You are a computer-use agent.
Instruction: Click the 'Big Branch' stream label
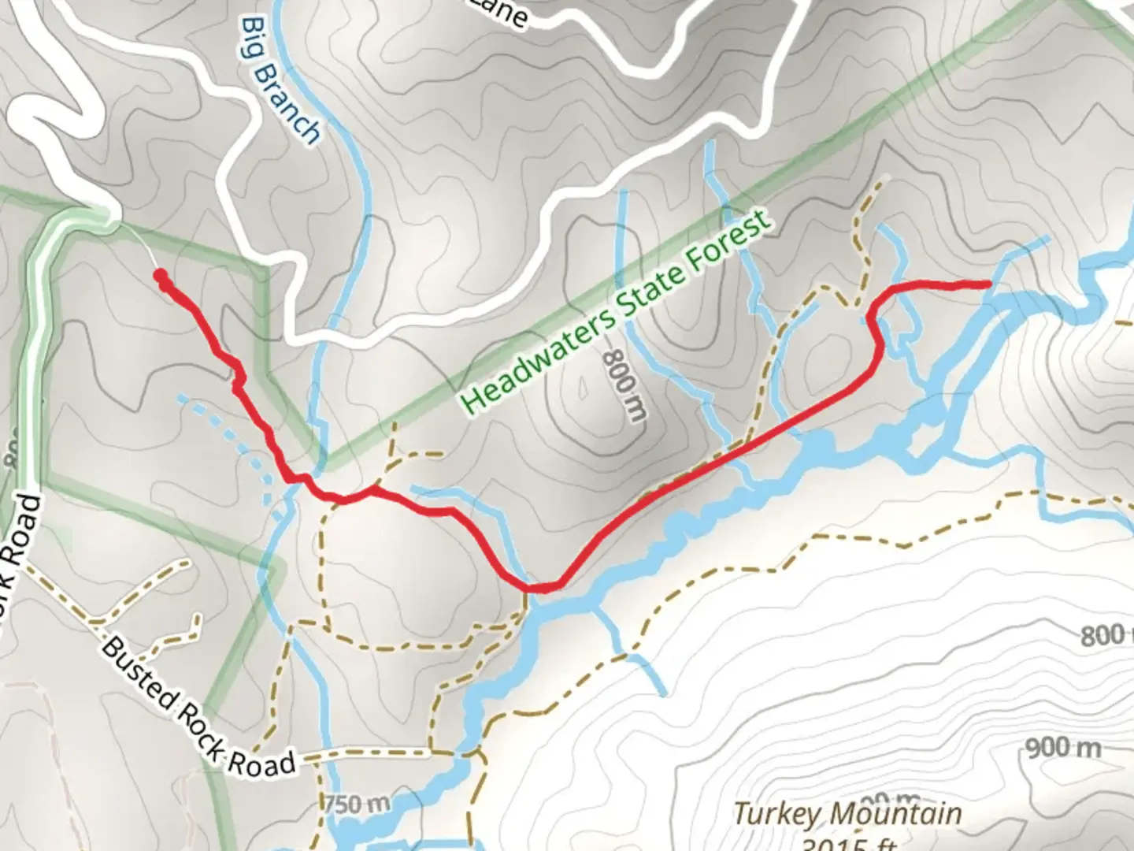[x=282, y=81]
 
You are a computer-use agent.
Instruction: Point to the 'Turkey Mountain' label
[x=847, y=813]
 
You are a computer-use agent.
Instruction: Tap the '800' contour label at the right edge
[x=1102, y=635]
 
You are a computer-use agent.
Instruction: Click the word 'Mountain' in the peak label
[x=896, y=813]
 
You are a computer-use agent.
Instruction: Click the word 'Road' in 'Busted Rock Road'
[x=262, y=760]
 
